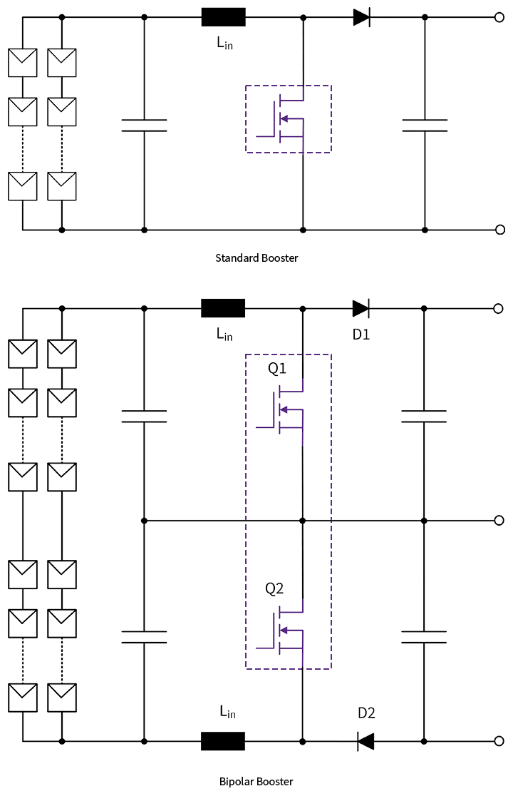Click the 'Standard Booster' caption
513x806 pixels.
(x=256, y=257)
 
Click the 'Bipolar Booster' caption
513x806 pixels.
(x=256, y=781)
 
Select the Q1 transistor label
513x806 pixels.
(x=276, y=369)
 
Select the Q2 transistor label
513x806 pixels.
(x=274, y=589)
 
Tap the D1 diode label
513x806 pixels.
(x=361, y=334)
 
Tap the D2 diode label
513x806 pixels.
(x=366, y=713)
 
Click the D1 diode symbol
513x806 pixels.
(x=361, y=309)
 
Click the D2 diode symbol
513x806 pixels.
(x=366, y=742)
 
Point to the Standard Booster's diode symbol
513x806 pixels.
(x=362, y=16)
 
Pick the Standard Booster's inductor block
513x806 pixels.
(x=224, y=16)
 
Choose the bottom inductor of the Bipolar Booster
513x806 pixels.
(x=223, y=742)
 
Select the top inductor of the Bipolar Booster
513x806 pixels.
(x=223, y=308)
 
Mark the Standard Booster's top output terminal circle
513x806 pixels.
(x=500, y=16)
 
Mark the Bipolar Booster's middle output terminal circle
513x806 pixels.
(x=500, y=521)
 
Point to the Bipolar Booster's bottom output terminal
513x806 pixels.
(x=500, y=742)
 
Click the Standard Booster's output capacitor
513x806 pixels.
(x=425, y=126)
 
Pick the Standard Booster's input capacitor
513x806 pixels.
(x=144, y=126)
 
